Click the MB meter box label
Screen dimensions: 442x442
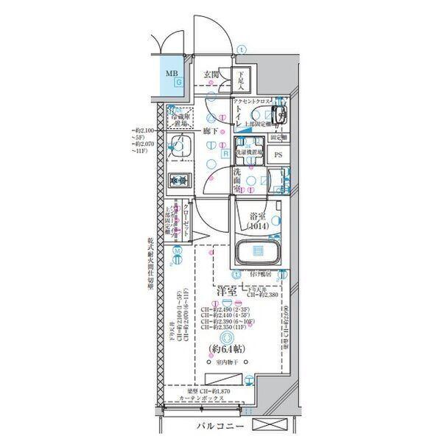171,73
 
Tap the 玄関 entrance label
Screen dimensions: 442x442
212,74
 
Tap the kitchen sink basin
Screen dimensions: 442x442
178,147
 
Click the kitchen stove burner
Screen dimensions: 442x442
178,180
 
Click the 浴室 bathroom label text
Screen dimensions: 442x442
257,217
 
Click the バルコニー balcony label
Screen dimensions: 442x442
220,427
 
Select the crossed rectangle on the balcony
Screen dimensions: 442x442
273,425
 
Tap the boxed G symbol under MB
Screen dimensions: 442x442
178,83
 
